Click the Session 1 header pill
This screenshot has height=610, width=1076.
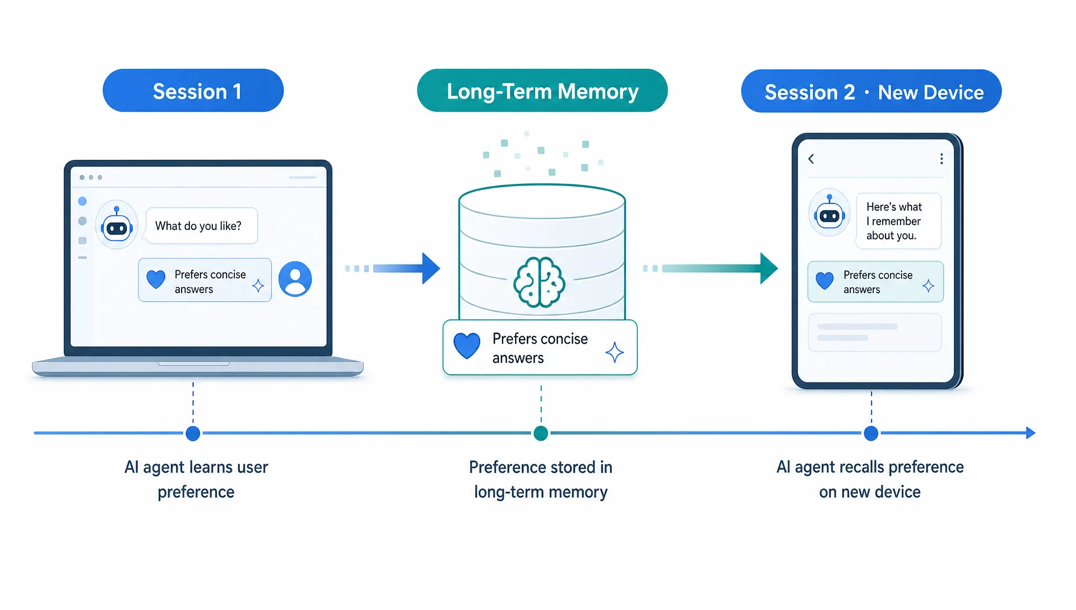[x=193, y=91]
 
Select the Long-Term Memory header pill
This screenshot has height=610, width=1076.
[x=542, y=91]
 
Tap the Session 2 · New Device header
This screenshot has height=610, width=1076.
[x=871, y=91]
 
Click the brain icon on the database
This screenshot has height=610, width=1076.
[x=539, y=282]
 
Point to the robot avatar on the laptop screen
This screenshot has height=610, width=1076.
[x=117, y=225]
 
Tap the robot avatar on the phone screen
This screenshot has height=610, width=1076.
[x=829, y=212]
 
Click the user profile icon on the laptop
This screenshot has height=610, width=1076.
[x=295, y=279]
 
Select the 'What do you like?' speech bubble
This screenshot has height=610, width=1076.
[x=201, y=226]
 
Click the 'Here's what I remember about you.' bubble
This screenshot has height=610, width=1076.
[x=898, y=221]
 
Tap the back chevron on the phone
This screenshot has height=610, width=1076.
[x=811, y=159]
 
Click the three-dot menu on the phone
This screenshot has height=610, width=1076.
[x=941, y=159]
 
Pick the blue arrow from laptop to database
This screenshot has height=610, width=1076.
[x=393, y=269]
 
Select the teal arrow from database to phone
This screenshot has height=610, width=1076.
[x=711, y=269]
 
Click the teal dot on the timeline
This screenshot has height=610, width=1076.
[x=541, y=433]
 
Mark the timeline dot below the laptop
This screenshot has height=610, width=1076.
[x=193, y=433]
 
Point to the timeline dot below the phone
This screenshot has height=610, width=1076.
[x=871, y=433]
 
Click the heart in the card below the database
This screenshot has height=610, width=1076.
[x=467, y=345]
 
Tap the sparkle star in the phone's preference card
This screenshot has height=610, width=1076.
[x=929, y=286]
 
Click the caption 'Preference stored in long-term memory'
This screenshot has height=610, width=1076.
[x=541, y=479]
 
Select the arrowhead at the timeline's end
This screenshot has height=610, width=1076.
[x=1031, y=433]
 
